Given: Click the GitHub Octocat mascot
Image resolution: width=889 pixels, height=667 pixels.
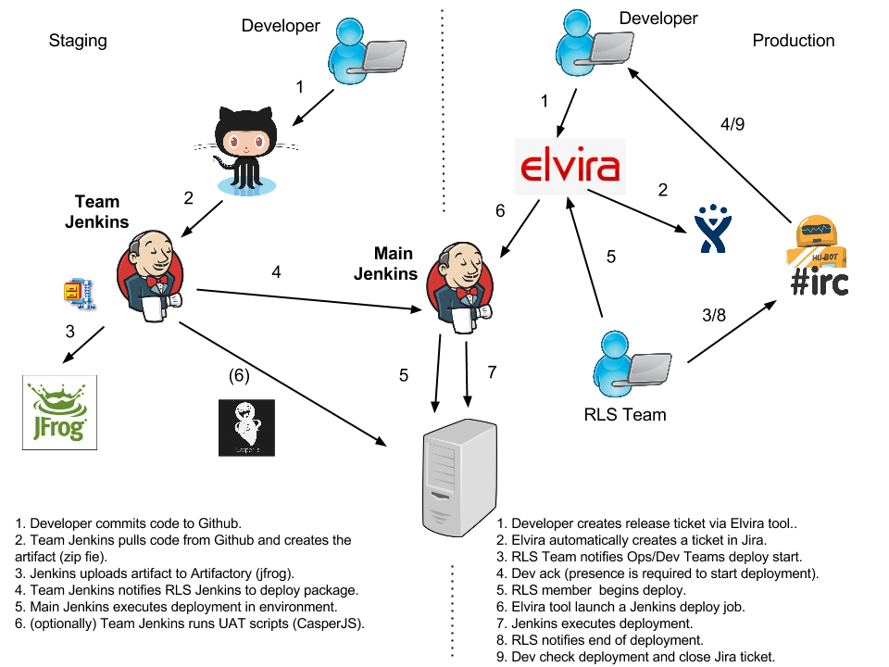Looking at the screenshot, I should coord(245,148).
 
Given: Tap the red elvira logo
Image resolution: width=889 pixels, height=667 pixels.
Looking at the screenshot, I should coord(570,167).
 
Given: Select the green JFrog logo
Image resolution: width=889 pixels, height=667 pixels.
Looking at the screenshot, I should coord(59,412).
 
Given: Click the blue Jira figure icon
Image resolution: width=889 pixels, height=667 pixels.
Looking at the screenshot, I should coord(713,229).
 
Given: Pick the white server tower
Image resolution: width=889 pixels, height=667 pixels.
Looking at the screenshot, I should coord(459,477).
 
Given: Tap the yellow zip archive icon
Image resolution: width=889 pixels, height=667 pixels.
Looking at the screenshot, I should coord(79,295).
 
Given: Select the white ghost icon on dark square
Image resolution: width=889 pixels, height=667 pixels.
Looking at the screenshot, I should coord(246,427).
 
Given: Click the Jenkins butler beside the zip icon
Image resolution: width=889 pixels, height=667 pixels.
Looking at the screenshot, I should coord(151,275).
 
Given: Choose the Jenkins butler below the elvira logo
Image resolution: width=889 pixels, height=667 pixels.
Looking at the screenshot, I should coord(460,287).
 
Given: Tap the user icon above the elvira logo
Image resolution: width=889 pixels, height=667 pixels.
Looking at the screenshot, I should coord(594,43).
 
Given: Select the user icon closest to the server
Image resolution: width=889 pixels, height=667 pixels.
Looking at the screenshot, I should coord(632,364).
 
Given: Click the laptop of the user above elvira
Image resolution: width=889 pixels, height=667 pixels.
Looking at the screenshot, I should coord(611,47).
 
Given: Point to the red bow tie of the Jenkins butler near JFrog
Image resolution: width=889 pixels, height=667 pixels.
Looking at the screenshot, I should coord(157,281).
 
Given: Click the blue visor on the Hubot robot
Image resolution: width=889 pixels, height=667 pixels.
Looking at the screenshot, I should coord(816,229).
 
